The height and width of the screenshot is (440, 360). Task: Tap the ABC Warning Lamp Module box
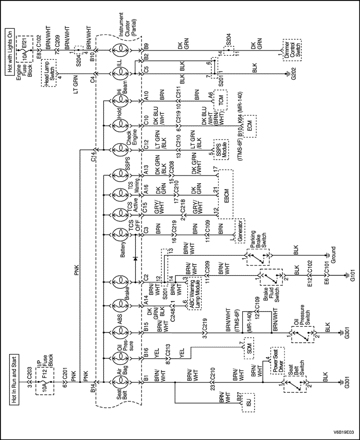point(194,293)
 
